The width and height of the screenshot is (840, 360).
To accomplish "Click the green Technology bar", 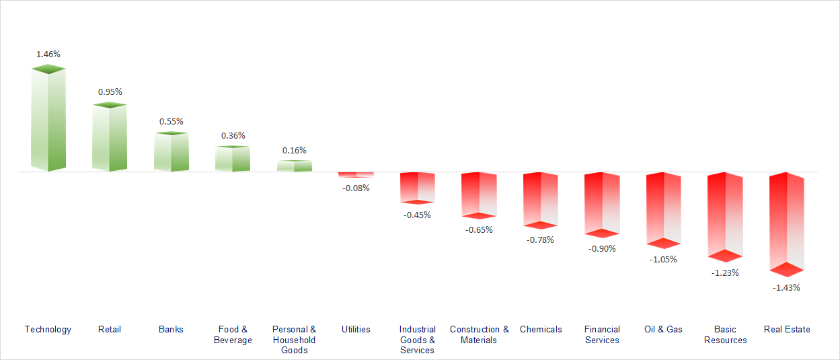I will point(48,120).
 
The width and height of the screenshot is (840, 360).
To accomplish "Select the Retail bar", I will point(109,138).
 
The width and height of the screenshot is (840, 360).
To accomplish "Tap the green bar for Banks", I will point(171,152).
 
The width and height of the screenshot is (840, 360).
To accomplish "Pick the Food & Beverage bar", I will point(232,159).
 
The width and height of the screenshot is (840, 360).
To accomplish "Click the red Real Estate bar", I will point(786,223).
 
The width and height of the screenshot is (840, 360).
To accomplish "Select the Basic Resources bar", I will point(725,216).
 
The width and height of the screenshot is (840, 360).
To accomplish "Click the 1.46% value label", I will point(48,54).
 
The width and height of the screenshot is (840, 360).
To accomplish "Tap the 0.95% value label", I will point(110,92).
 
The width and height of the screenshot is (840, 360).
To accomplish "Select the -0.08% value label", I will point(356,188).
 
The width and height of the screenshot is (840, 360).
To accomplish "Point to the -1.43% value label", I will point(787,287).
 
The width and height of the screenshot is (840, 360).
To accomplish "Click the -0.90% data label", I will point(602,248).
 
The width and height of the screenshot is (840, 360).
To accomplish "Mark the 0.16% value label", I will point(295,150).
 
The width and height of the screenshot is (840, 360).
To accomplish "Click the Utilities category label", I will point(356,329).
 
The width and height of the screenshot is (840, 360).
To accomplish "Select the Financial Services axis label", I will point(602,334).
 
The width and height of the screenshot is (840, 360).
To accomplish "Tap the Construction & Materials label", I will point(479,334).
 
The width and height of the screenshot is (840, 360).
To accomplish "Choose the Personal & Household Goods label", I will point(294,339).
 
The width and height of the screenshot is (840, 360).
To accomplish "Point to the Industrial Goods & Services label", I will point(417,339).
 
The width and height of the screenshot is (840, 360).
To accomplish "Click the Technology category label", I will point(48,329).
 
